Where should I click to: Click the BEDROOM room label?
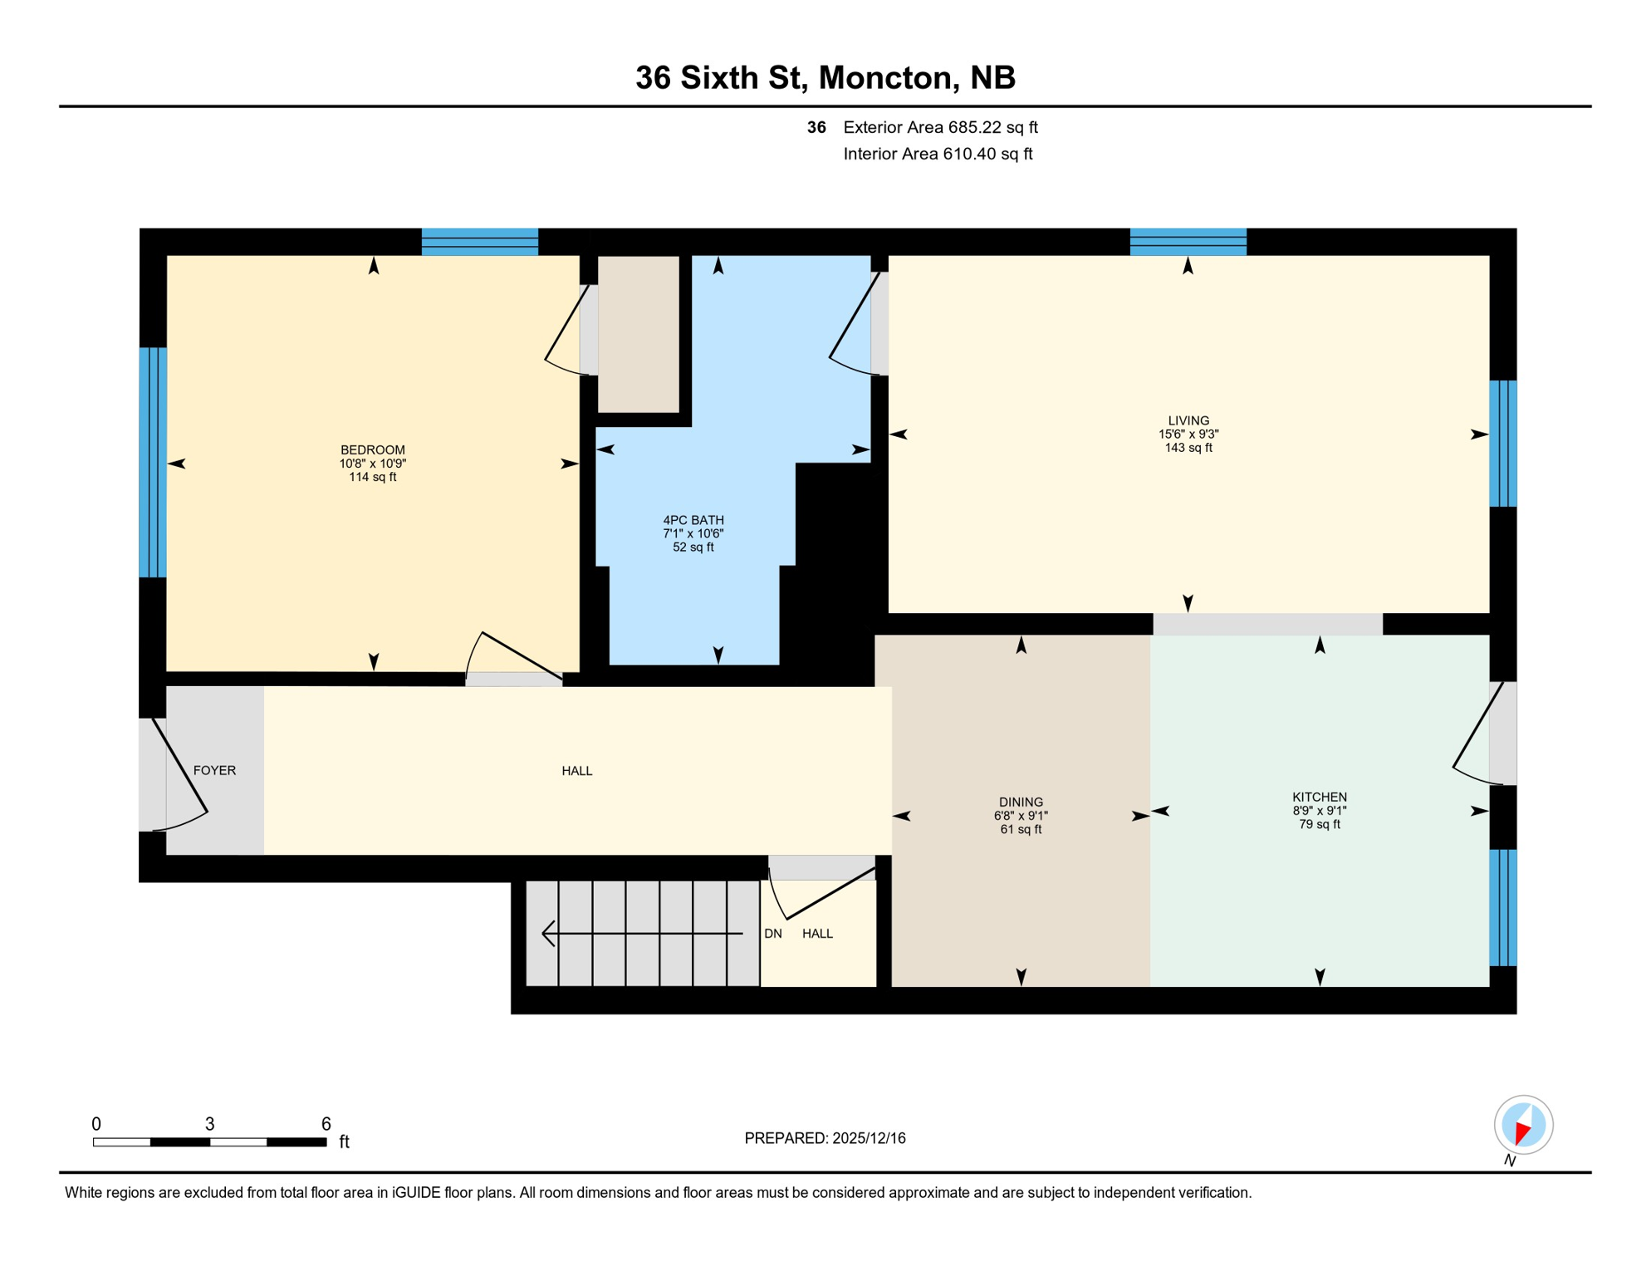(x=372, y=450)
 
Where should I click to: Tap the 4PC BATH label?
(x=693, y=520)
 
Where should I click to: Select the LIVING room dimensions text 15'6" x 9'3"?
(x=1188, y=434)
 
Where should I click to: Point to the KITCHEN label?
(x=1319, y=797)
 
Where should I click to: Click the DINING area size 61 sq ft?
(x=1021, y=829)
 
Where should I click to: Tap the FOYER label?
(x=214, y=770)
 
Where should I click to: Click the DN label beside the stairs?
(x=772, y=934)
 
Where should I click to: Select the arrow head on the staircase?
(x=548, y=934)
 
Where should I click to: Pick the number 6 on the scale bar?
(x=326, y=1124)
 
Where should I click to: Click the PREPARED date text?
(x=825, y=1138)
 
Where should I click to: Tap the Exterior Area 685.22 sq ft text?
(x=940, y=127)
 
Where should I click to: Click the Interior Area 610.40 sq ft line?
(x=938, y=154)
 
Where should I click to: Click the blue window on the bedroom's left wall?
(x=153, y=462)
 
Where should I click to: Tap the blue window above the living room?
(x=1188, y=242)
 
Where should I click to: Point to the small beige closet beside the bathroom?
(x=638, y=334)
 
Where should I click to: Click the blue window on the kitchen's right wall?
(x=1502, y=907)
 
